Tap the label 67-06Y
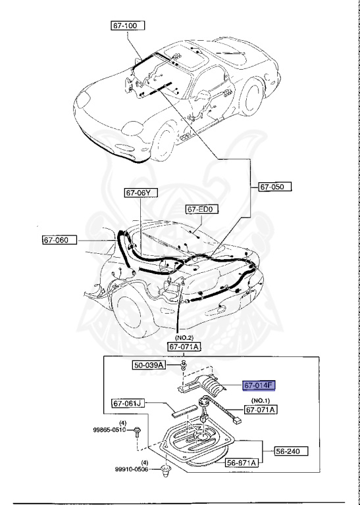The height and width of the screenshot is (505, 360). coord(141,193)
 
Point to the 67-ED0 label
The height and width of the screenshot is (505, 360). coord(201,210)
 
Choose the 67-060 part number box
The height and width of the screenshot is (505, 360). coord(61,241)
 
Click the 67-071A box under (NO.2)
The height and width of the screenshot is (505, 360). coord(184,347)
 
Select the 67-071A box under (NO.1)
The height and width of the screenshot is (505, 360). coord(261,410)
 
